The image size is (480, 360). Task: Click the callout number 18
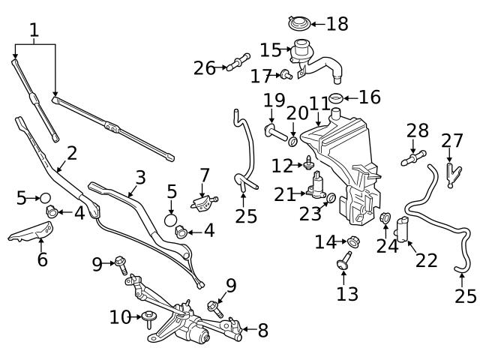[x=337, y=24]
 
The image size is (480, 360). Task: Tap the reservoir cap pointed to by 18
[x=298, y=23]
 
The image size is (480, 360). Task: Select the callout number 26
[x=204, y=68]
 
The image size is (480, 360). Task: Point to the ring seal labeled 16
[x=336, y=98]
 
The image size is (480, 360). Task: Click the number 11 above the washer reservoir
[x=319, y=103]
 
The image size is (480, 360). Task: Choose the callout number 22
[x=426, y=260]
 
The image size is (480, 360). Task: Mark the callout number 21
[x=285, y=195]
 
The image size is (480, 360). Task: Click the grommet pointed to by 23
[x=330, y=198]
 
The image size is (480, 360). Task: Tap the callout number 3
[x=139, y=178]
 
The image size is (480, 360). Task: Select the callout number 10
[x=120, y=317]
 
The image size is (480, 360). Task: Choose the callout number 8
[x=262, y=330]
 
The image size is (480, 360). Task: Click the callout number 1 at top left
[x=34, y=31]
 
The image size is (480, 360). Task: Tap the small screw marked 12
[x=307, y=163]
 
